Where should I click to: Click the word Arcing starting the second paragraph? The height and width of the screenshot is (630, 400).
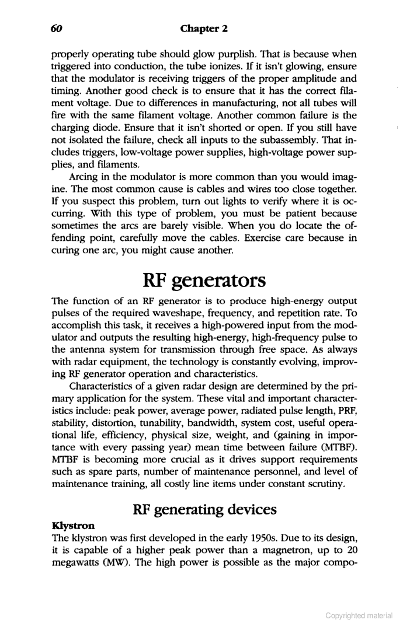84,173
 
